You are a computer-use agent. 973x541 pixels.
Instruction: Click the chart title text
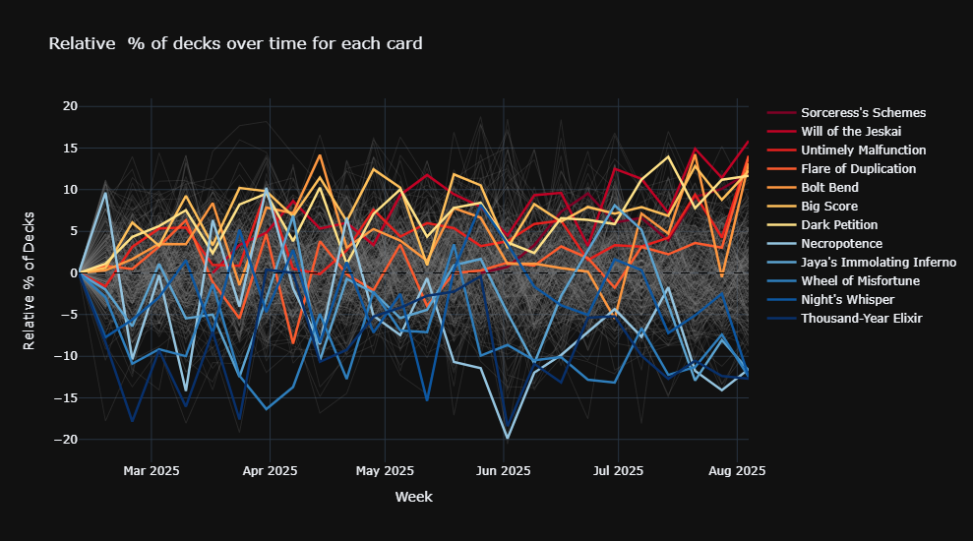tap(236, 43)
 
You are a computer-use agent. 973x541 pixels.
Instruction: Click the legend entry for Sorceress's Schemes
tap(863, 113)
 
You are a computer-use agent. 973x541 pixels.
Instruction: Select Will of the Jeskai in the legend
tap(850, 132)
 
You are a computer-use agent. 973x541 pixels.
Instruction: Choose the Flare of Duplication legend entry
tap(858, 169)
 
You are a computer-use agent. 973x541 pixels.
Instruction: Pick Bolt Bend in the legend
tap(829, 188)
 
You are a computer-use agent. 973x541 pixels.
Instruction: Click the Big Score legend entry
tap(828, 207)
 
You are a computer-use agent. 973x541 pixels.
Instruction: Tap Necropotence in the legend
tap(841, 244)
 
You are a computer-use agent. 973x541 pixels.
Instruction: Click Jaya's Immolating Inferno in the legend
tap(878, 263)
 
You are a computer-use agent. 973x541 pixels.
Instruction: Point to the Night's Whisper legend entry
tap(847, 300)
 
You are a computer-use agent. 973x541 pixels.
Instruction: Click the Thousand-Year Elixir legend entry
tap(861, 319)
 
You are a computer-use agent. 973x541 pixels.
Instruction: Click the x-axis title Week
tap(413, 498)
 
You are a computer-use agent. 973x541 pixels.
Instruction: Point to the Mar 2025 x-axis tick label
tap(151, 471)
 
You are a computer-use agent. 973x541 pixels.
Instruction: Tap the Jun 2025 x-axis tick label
tap(503, 471)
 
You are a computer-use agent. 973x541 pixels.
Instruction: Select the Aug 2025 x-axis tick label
tap(737, 471)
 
